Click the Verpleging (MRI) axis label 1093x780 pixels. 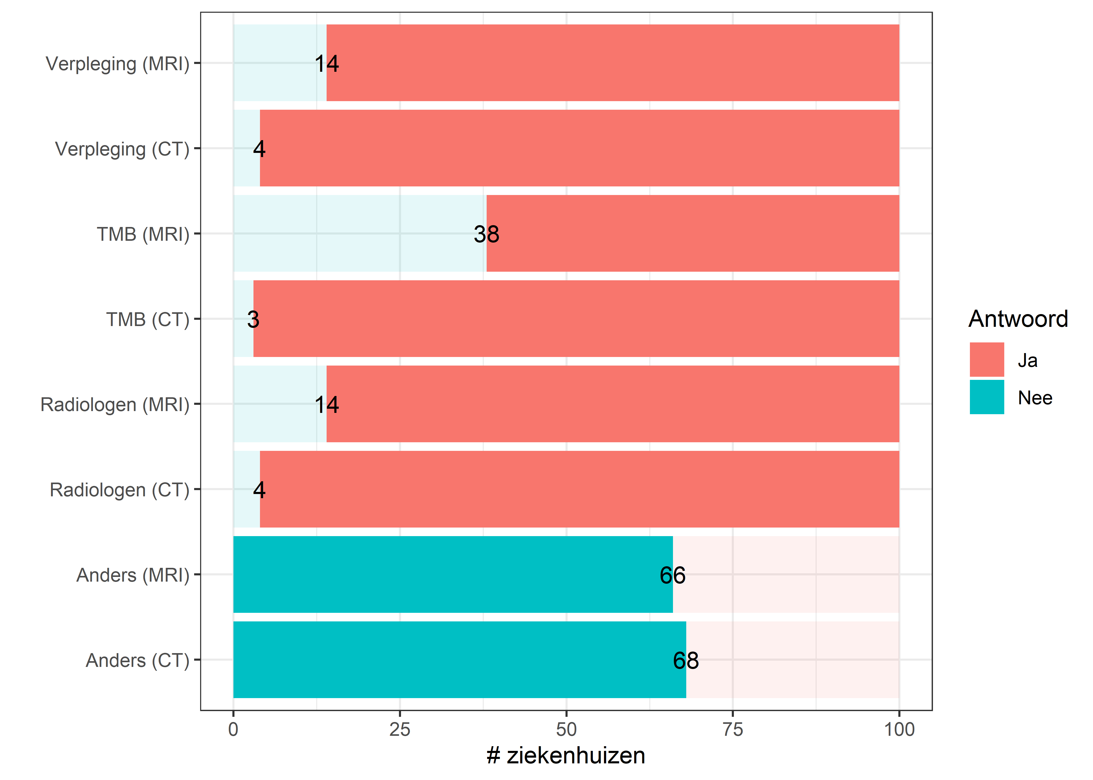tap(117, 63)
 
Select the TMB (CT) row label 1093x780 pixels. tap(148, 319)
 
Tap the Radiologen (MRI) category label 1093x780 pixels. tap(115, 404)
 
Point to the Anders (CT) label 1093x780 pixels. tap(137, 660)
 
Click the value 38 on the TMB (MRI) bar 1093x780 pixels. tap(486, 234)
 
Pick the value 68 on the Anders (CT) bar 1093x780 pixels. tap(686, 660)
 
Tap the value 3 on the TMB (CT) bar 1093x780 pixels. tap(253, 319)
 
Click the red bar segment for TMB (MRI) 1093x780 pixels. tap(692, 233)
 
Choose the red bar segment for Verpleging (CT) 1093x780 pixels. tap(579, 148)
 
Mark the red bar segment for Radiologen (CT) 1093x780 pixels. tap(579, 489)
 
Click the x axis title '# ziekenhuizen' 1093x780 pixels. tap(566, 756)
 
